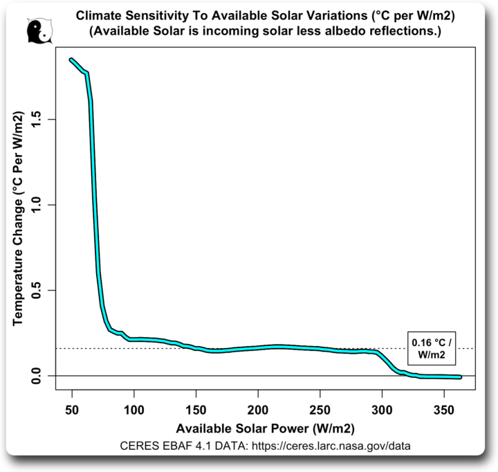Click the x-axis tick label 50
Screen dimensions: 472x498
[x=72, y=408]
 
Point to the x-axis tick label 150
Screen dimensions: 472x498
[x=196, y=408]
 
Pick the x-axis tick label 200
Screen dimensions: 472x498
[x=258, y=408]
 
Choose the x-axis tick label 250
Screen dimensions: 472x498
[x=320, y=408]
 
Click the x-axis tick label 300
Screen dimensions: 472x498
[x=381, y=408]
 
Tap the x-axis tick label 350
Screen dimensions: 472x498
[x=443, y=408]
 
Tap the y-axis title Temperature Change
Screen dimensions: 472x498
[x=19, y=220]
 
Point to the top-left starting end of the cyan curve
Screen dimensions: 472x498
[x=72, y=60]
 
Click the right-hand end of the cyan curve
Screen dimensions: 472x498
[x=459, y=377]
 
